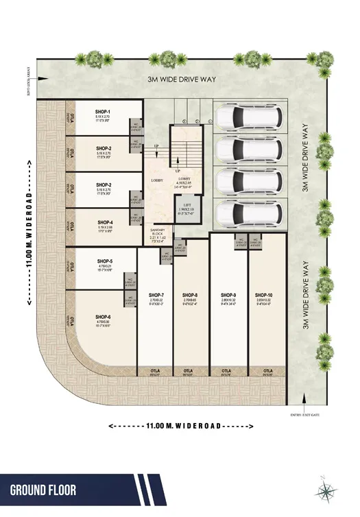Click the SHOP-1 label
(104, 111)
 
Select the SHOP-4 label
(105, 222)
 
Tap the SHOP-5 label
(105, 261)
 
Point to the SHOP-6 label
(104, 317)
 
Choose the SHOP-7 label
(155, 295)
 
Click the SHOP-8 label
(191, 295)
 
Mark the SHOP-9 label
(228, 295)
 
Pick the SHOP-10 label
(264, 295)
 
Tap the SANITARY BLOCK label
(157, 236)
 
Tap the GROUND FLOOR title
(43, 490)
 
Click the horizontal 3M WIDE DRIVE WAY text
(182, 80)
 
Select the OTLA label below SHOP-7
(155, 373)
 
